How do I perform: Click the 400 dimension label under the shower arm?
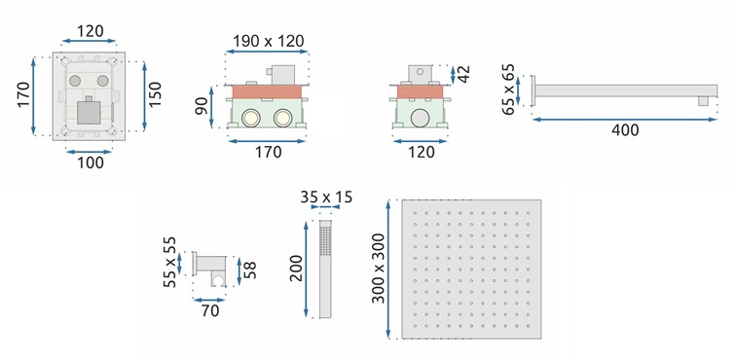(625, 130)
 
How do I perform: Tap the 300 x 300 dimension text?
(379, 268)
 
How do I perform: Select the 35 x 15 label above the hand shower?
(326, 198)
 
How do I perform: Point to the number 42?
(463, 75)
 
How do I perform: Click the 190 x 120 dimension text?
(269, 41)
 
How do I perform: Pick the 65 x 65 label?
(508, 90)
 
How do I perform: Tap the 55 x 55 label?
(170, 263)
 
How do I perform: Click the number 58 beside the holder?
(251, 270)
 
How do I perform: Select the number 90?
(201, 107)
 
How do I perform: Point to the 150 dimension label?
(155, 94)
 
